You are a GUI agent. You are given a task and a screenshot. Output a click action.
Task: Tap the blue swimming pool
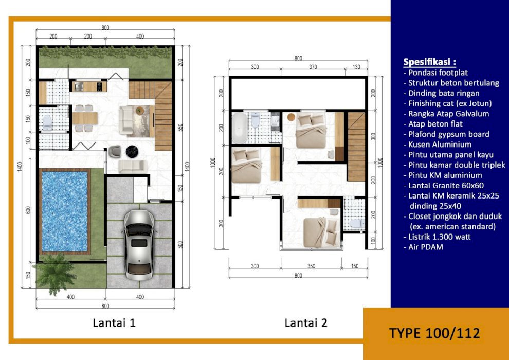(65, 211)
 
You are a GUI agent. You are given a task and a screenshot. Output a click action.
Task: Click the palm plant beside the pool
(52, 274)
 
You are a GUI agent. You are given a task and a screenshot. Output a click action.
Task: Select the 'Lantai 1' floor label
(114, 322)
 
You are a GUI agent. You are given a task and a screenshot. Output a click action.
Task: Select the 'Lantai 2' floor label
(306, 322)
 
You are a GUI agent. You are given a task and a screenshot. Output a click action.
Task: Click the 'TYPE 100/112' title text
(434, 333)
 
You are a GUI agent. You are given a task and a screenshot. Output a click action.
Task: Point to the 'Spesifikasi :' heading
(429, 62)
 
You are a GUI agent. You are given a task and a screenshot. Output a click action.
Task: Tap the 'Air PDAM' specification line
(423, 247)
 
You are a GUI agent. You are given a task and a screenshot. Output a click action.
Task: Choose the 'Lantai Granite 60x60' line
(443, 185)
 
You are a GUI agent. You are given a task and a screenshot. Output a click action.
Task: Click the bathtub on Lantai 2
(240, 128)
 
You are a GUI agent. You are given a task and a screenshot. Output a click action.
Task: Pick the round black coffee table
(132, 151)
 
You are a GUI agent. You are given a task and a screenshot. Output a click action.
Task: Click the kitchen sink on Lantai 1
(79, 86)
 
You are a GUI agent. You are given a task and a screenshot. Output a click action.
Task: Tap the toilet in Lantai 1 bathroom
(47, 122)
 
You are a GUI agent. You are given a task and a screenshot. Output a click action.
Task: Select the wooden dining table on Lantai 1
(85, 118)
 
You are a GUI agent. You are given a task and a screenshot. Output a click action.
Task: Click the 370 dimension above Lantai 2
(313, 67)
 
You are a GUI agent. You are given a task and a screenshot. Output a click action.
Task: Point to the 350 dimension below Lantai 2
(311, 266)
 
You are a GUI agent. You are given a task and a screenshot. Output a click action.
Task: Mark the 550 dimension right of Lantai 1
(180, 127)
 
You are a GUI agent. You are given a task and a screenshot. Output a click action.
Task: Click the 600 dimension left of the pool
(28, 210)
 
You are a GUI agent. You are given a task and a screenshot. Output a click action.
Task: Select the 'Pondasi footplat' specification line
(435, 73)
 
